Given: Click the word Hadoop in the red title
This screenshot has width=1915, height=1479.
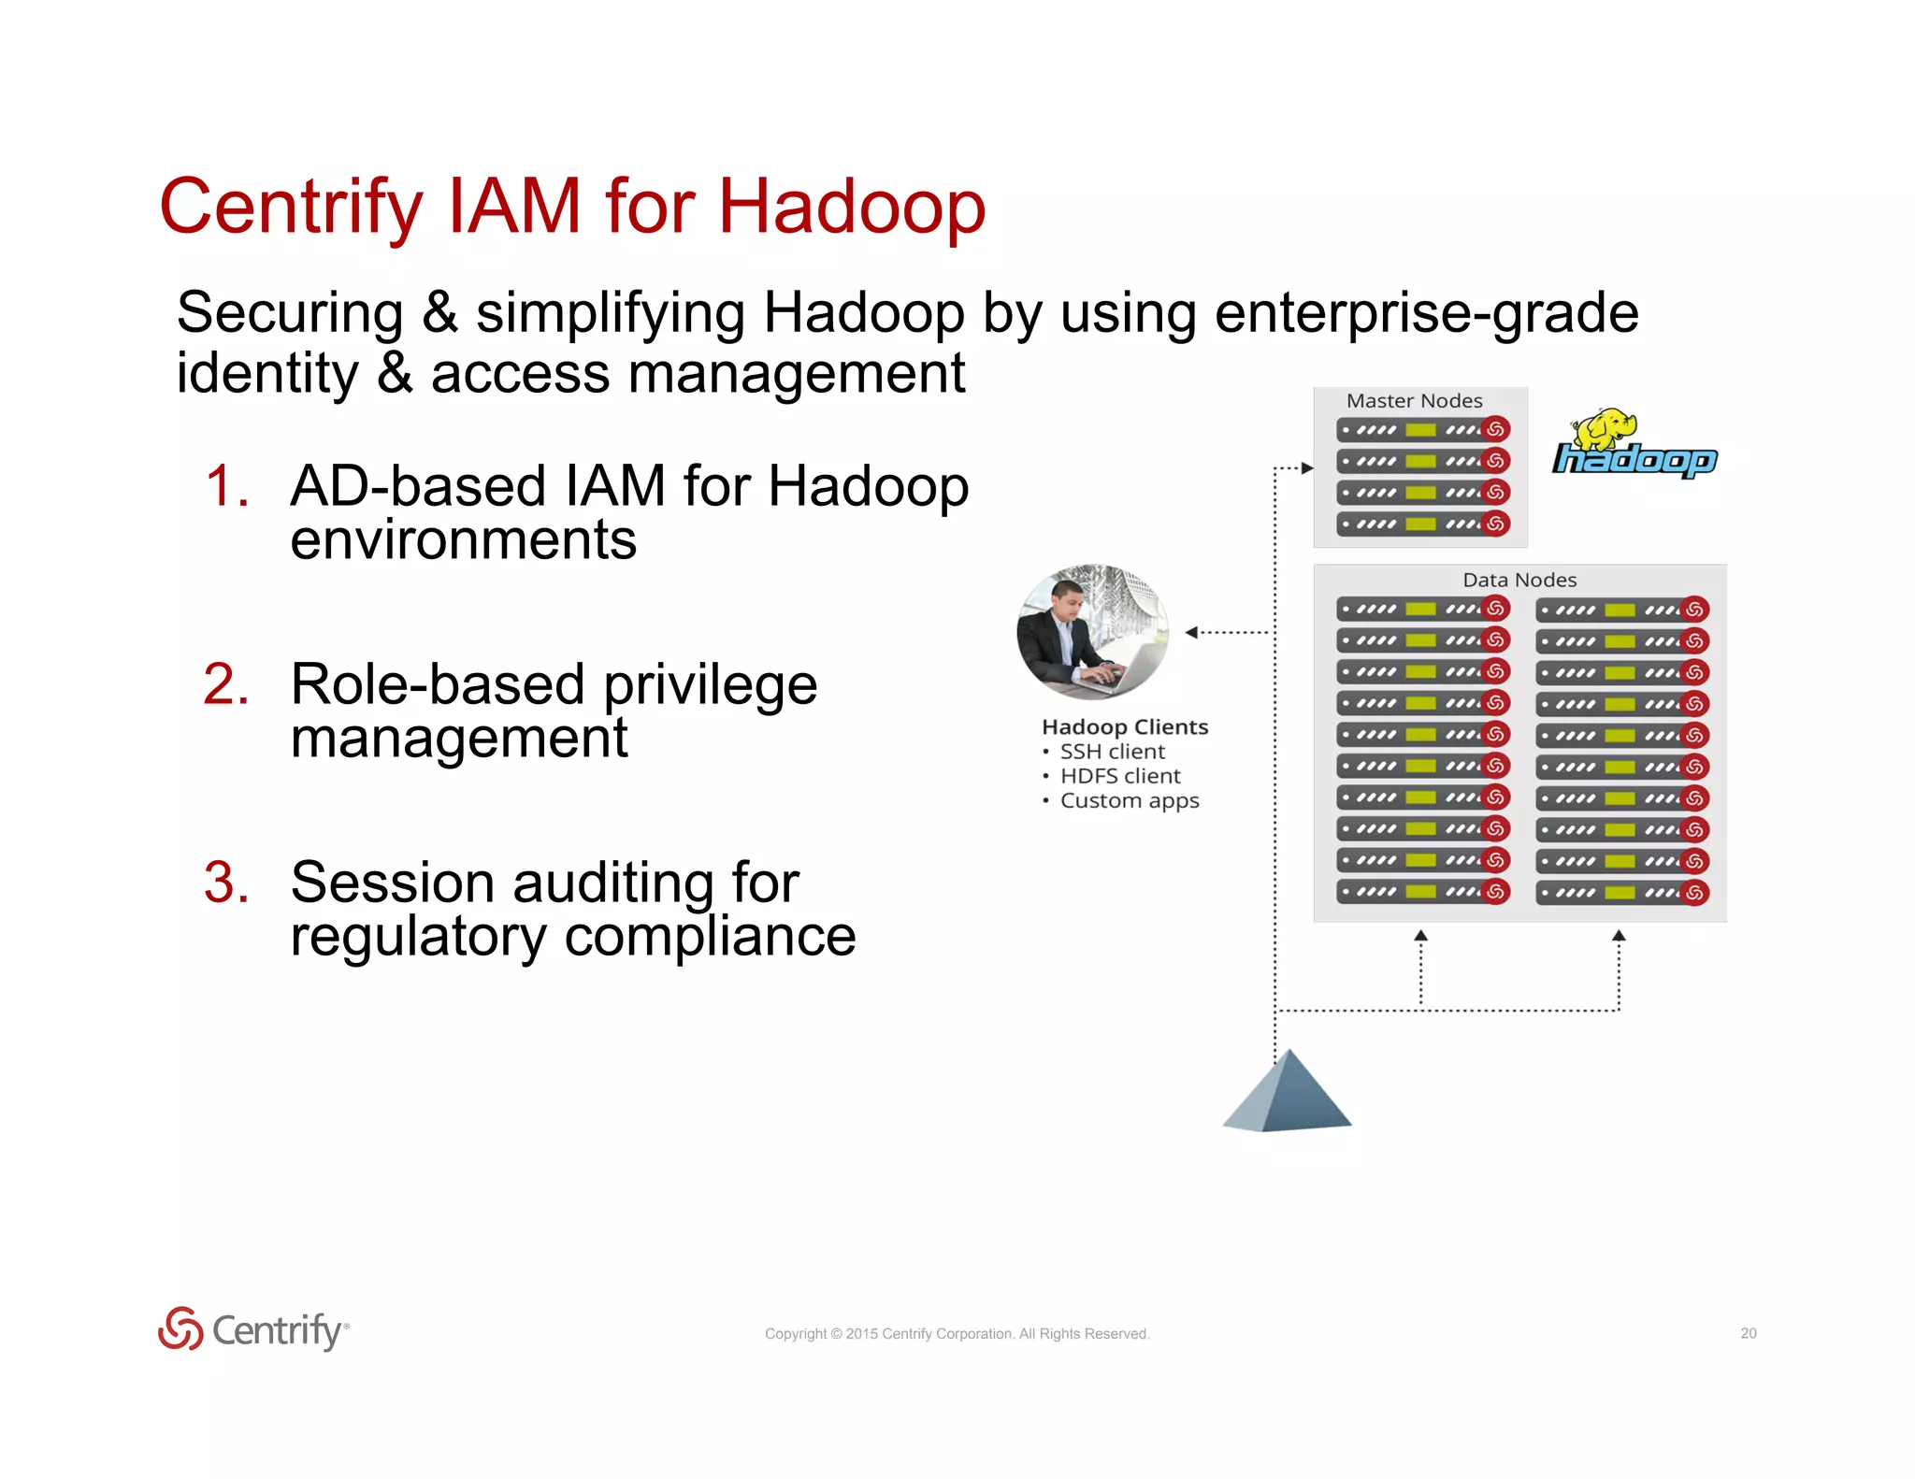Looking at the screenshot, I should tap(851, 208).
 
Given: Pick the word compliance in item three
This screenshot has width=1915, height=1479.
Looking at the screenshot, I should tap(710, 937).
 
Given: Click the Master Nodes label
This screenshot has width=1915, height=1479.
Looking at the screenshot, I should tap(1414, 401).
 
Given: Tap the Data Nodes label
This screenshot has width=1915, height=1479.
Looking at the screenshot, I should tap(1519, 580).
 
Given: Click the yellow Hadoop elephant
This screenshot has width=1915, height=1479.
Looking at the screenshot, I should tap(1605, 428).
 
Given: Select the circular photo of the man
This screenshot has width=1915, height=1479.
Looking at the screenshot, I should tap(1092, 632).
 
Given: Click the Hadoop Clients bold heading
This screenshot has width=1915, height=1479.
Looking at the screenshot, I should tap(1124, 726).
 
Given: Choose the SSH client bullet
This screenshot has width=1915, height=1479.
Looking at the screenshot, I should tap(1112, 752).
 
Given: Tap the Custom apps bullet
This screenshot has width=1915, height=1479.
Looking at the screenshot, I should tap(1129, 801).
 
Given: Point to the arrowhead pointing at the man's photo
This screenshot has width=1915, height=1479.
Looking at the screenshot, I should tap(1191, 633).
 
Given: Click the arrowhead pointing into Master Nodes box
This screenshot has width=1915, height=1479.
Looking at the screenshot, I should tap(1307, 467).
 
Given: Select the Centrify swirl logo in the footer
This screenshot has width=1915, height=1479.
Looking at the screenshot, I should tap(180, 1328).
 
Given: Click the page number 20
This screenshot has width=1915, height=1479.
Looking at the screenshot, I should tap(1748, 1333).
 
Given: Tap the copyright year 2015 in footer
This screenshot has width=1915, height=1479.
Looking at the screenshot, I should tap(861, 1334).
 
